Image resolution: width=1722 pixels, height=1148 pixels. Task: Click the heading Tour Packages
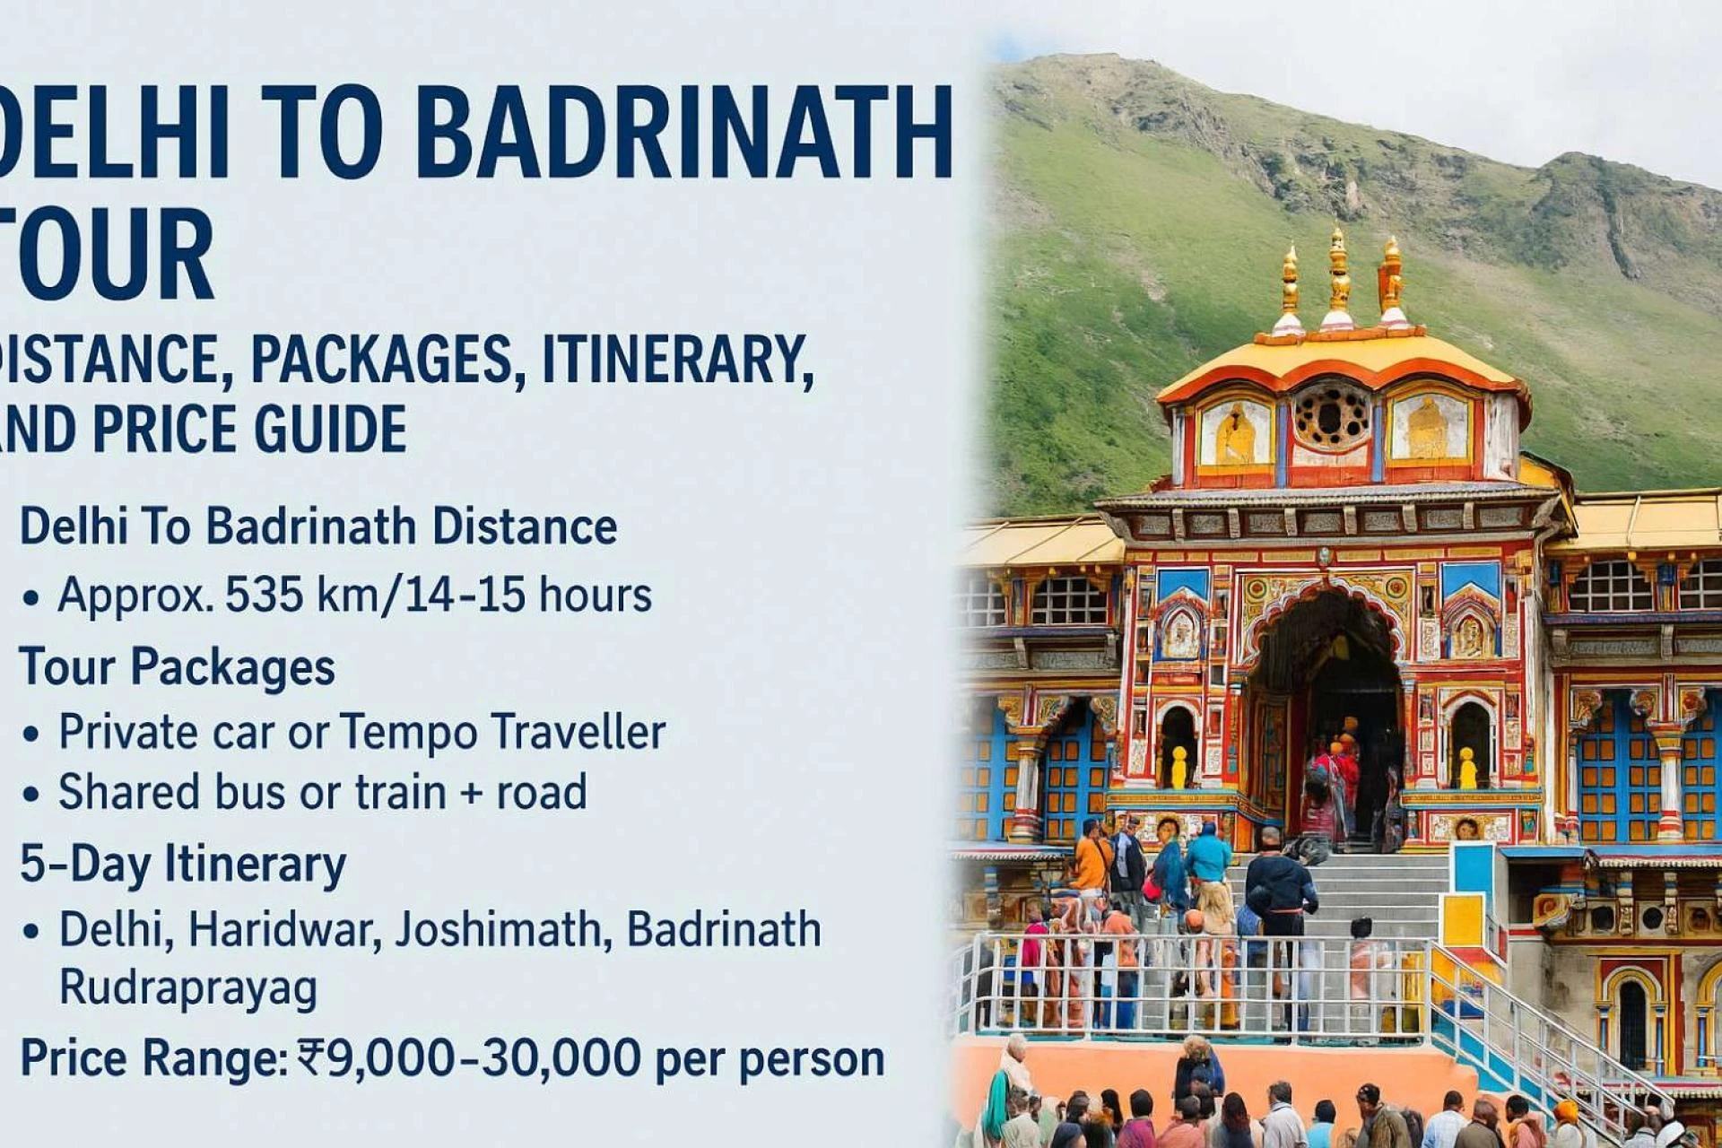pos(177,667)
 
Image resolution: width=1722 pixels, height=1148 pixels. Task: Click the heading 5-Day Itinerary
pos(183,864)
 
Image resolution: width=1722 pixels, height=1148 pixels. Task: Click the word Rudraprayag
pos(188,989)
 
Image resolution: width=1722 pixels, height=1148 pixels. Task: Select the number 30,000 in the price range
pos(561,1058)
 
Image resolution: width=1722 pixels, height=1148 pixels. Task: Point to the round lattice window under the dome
pos(1332,415)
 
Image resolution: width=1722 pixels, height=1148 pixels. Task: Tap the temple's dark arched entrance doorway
pos(1327,709)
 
